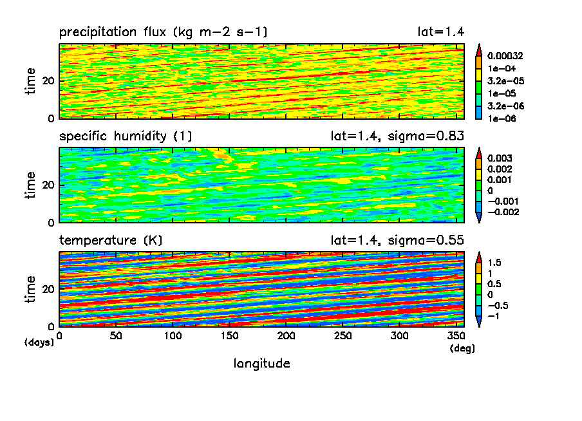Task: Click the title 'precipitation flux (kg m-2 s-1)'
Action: tap(163, 32)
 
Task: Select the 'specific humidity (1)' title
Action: tap(126, 136)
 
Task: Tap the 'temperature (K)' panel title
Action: tap(111, 241)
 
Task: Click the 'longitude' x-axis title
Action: tap(261, 364)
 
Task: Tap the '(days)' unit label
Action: tap(39, 342)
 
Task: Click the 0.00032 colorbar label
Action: tap(505, 55)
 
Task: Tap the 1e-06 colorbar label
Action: tap(500, 118)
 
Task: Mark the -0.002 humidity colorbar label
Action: tap(502, 212)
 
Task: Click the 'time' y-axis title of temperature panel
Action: tap(31, 289)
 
